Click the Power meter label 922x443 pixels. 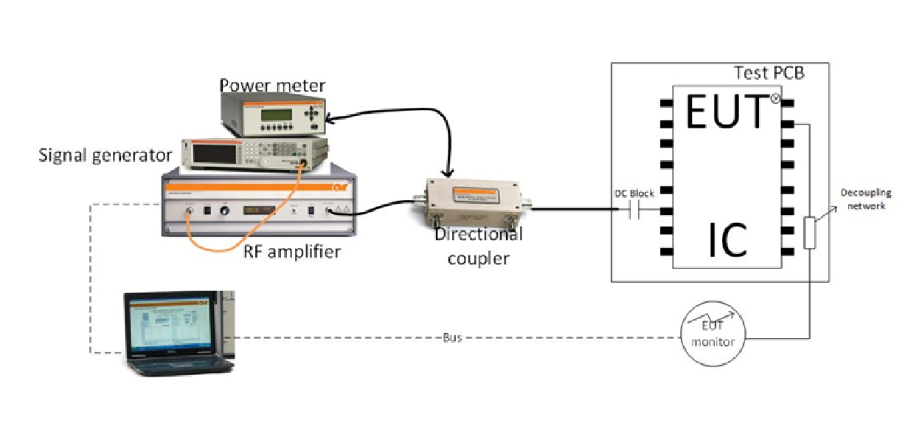(x=271, y=86)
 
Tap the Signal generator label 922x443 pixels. (x=105, y=155)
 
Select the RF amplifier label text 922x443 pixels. (x=292, y=251)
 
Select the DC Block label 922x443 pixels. (x=634, y=193)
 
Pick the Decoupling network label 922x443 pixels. (x=866, y=199)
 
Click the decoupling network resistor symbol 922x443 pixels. (x=810, y=233)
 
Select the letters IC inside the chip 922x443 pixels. (x=728, y=238)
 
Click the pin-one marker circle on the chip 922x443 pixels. (x=775, y=99)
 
